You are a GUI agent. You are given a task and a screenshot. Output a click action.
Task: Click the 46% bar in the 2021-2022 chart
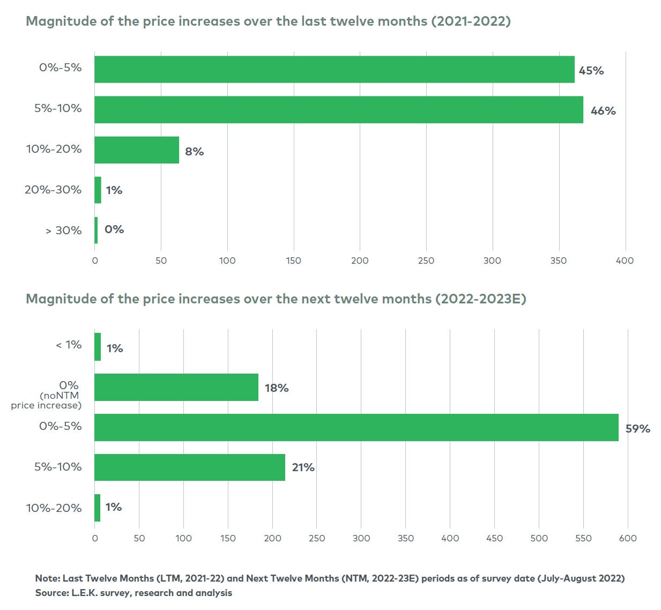click(x=339, y=109)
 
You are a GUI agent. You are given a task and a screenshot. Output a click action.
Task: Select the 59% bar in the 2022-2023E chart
click(x=357, y=427)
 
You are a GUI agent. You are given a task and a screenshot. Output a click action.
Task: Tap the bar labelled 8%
click(x=137, y=150)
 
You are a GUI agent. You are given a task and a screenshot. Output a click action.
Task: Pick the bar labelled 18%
click(x=176, y=387)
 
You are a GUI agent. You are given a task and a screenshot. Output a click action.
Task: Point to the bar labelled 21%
click(x=190, y=467)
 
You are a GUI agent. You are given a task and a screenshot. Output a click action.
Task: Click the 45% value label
click(x=591, y=71)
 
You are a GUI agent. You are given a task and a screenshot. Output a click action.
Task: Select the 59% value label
click(x=637, y=428)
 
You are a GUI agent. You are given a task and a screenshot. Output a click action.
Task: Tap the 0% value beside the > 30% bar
click(x=114, y=229)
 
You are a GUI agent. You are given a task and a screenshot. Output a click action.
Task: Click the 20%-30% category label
click(x=53, y=190)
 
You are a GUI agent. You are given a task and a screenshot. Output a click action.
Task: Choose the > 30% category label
click(x=63, y=230)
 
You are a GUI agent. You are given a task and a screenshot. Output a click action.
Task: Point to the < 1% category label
click(x=69, y=345)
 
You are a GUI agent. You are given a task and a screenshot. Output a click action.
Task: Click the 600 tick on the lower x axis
click(x=628, y=538)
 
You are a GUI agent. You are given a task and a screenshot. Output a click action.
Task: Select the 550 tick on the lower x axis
click(x=583, y=538)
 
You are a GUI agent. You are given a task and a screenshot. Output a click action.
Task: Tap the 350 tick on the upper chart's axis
click(x=558, y=261)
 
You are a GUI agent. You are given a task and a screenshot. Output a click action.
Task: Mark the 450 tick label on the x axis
click(x=494, y=538)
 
